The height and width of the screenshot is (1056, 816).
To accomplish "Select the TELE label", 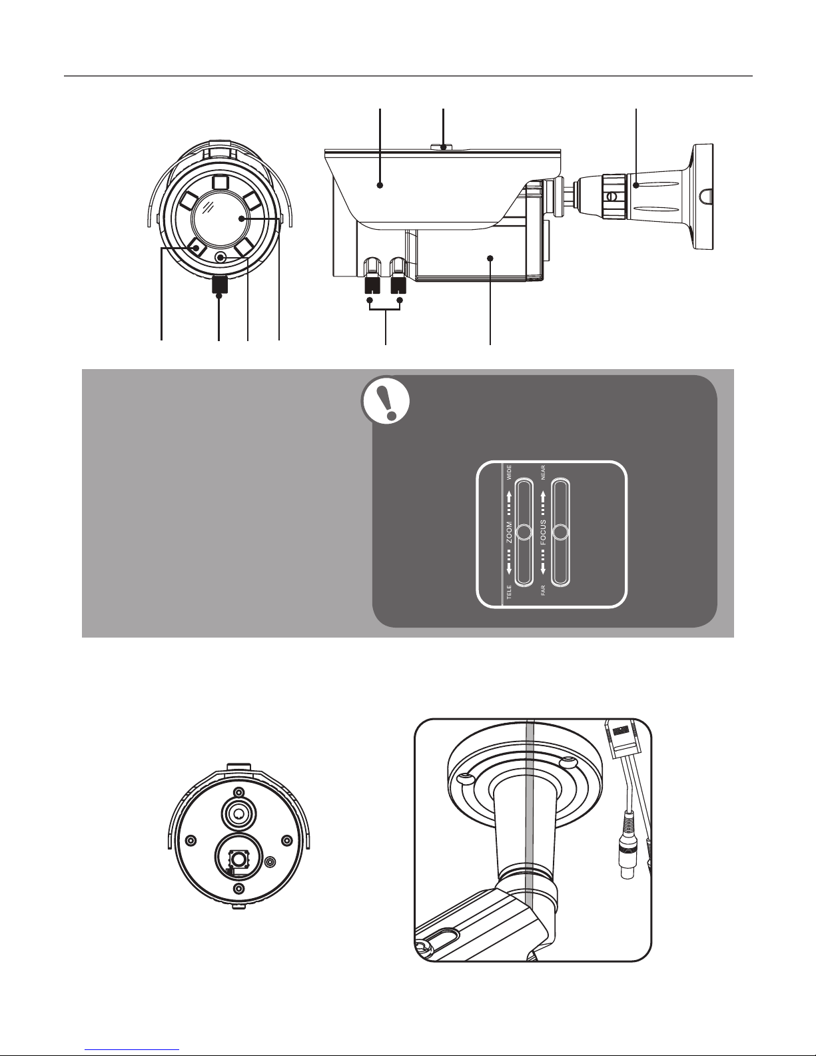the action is coord(509,593).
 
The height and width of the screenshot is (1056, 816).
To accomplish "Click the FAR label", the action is coord(544,591).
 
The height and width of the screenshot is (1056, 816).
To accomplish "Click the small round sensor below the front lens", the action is coord(221,258).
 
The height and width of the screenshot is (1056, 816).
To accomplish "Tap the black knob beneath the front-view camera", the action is coord(219,285).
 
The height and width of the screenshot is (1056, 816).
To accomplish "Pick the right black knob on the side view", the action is coord(399,285).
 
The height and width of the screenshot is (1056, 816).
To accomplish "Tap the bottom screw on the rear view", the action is coord(238,889).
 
